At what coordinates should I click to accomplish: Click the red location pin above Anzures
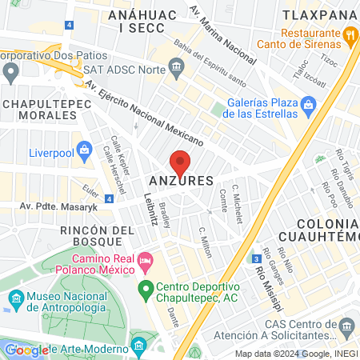click(x=181, y=162)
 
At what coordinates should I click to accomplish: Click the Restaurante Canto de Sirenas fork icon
click(x=350, y=35)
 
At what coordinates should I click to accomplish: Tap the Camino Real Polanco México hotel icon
click(x=146, y=261)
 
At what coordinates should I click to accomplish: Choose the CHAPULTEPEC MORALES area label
click(x=43, y=110)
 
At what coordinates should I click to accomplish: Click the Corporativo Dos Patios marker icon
click(x=10, y=72)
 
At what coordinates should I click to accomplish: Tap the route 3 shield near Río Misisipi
click(x=254, y=258)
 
